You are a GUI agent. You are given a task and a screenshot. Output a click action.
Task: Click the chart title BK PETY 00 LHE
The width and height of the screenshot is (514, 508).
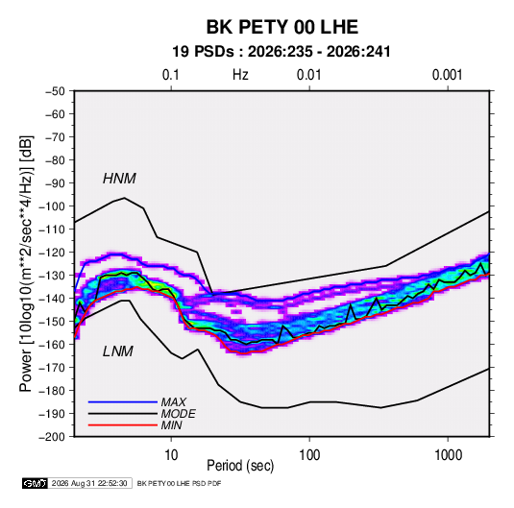coord(281,27)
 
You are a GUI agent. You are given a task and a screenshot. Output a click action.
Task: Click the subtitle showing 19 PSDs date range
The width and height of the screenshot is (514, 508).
coord(281,52)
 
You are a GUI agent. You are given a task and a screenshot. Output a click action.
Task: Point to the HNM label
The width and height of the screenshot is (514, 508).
coord(119,179)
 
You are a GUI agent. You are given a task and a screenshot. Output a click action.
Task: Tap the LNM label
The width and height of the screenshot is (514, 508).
coord(118,351)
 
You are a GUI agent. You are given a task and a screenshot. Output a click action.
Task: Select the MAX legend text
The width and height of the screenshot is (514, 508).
coord(174,402)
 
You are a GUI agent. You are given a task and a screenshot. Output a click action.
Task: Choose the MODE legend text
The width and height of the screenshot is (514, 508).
coord(179,414)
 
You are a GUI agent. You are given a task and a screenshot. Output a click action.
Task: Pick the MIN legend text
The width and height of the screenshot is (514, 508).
coord(171,425)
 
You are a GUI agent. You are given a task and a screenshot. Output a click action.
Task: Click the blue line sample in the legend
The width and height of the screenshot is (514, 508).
coord(123,402)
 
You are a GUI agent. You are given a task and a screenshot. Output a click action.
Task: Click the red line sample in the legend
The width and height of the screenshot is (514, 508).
coord(123,425)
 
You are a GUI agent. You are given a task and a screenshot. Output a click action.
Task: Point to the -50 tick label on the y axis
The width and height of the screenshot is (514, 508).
coord(55,91)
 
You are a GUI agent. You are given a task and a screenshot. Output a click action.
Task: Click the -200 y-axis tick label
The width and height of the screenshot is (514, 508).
coord(52,437)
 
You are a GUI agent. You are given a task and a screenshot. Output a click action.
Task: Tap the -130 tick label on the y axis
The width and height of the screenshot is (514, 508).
coord(52,276)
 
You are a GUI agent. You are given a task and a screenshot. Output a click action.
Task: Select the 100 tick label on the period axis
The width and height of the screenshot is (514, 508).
coord(309,455)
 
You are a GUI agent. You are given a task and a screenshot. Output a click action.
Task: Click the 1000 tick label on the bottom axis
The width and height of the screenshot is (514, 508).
coord(448,455)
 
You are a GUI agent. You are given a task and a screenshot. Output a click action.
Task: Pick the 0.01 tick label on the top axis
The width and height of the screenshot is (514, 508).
coord(308,75)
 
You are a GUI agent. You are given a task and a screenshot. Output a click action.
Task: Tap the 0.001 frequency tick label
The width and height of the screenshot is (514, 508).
coord(447,75)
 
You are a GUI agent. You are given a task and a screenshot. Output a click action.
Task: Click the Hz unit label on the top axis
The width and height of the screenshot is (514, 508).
coord(240,75)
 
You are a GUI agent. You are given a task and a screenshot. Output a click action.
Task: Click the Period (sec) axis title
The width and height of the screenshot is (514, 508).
coord(240,466)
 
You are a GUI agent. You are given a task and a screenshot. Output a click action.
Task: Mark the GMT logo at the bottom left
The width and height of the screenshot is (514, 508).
coord(35,483)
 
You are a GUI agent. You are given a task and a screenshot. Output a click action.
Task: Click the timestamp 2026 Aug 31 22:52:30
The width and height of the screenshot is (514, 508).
coord(89,483)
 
